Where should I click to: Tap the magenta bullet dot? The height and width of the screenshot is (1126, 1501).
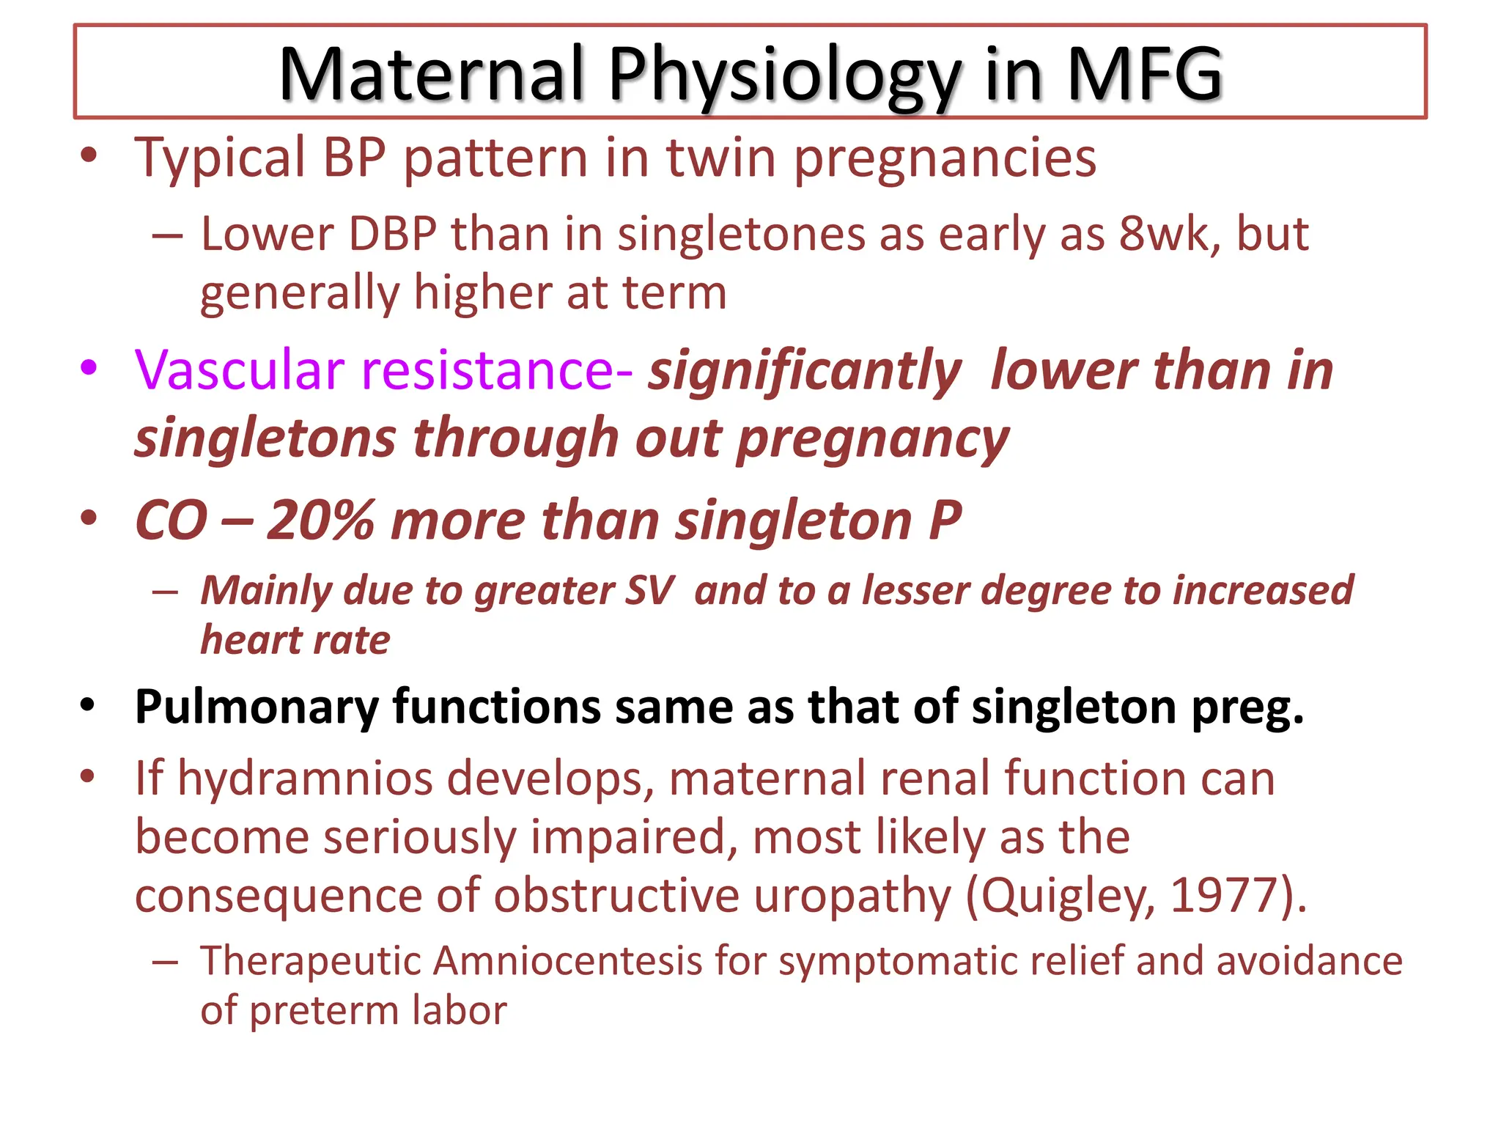89,367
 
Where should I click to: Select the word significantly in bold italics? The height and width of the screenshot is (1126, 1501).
804,371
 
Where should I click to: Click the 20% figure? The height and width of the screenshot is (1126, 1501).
320,520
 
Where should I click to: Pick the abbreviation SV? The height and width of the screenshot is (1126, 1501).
648,591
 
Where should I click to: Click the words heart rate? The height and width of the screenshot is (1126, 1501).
295,640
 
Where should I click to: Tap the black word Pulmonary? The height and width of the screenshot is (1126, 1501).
257,707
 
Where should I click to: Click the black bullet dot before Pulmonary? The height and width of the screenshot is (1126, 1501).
88,706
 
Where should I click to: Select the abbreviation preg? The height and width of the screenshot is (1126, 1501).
1247,707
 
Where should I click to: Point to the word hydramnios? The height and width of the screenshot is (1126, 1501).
305,779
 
